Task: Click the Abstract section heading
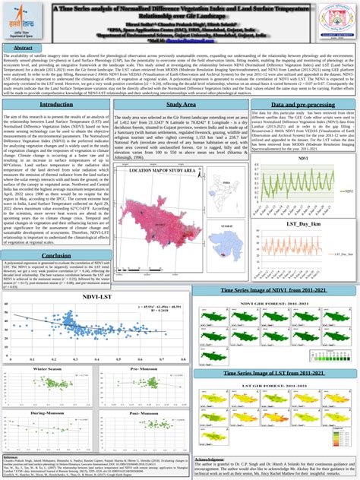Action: (x=23, y=47)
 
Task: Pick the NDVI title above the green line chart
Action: (x=304, y=158)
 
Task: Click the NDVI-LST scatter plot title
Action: (x=92, y=297)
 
